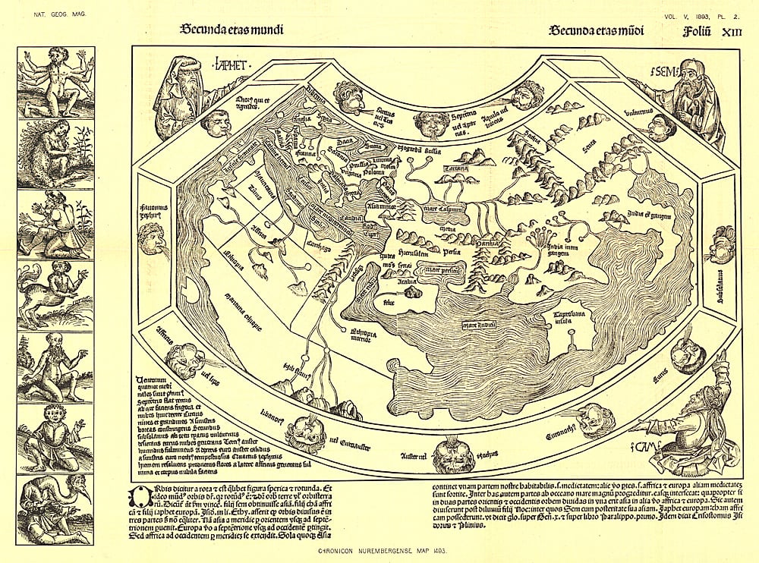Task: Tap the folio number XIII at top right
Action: pos(729,31)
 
